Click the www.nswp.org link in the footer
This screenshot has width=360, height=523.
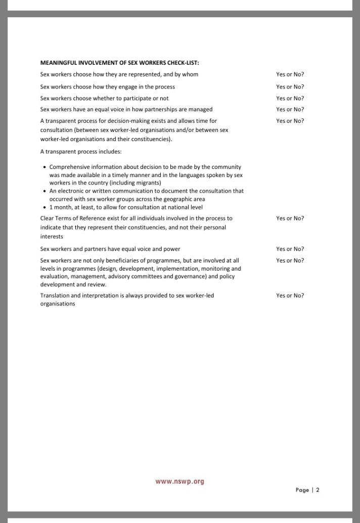(179, 482)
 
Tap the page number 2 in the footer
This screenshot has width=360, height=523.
(318, 490)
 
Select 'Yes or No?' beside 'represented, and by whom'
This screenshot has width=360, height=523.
(290, 74)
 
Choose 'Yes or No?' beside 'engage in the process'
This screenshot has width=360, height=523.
(290, 87)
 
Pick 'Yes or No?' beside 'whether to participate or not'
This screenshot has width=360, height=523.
(290, 98)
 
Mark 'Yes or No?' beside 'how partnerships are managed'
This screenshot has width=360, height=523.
(290, 109)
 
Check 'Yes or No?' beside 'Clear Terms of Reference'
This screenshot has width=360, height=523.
(290, 219)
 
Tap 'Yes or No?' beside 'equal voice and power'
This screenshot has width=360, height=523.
(290, 249)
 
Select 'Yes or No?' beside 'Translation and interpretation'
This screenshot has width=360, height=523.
(290, 295)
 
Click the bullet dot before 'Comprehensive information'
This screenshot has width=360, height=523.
(44, 167)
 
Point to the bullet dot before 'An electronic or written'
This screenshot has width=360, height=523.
(44, 191)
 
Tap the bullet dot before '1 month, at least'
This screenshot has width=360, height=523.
(44, 207)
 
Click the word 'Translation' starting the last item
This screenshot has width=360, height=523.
(54, 295)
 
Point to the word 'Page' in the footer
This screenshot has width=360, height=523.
(302, 490)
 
